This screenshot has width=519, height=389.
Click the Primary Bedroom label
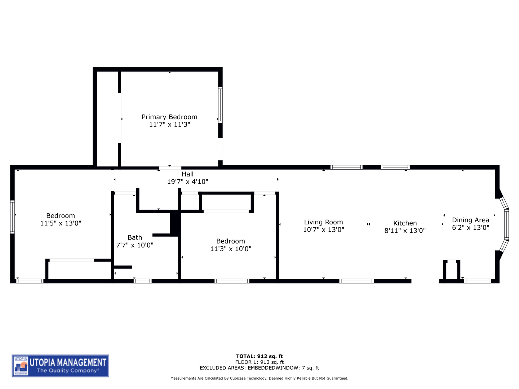169,117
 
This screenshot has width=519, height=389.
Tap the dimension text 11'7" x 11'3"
169,125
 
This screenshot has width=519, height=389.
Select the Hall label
187,174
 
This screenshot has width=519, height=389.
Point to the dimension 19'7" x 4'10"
187,182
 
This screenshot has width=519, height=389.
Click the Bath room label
135,238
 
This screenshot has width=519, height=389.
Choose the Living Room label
323,222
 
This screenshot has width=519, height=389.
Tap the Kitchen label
405,223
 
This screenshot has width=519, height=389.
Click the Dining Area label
470,220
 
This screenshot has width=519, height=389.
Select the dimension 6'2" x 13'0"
470,228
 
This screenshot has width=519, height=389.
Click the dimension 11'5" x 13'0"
61,223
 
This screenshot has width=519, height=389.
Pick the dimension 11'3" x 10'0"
231,249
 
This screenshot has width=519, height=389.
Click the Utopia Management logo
60,366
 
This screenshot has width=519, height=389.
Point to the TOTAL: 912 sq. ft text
259,357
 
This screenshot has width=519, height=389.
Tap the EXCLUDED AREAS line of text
259,368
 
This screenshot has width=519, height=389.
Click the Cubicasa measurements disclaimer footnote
259,379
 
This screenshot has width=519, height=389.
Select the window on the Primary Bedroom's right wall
220,105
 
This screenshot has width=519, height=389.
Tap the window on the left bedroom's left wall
13,217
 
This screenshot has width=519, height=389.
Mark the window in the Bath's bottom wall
143,281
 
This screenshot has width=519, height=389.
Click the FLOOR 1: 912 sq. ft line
259,362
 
